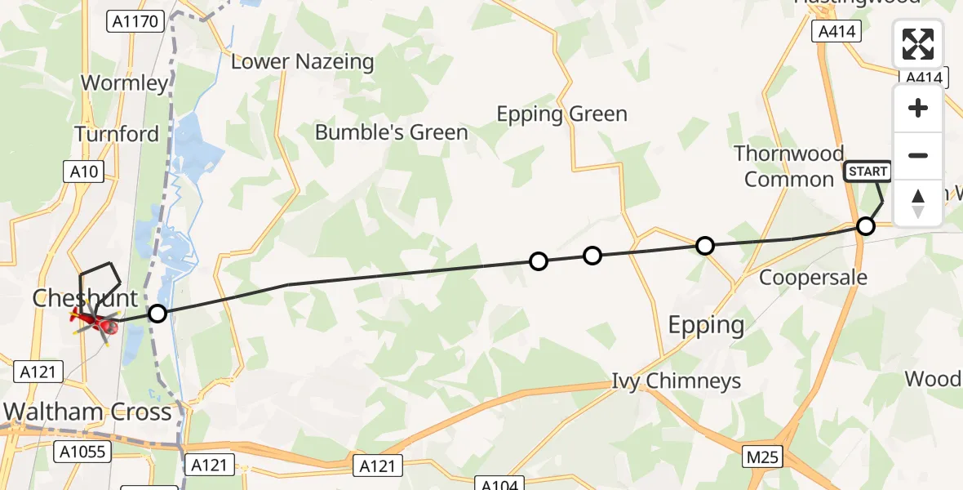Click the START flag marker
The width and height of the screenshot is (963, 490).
[x=868, y=171]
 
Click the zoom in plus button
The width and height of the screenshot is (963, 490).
[x=918, y=109]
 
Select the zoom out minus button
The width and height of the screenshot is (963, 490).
[x=918, y=155]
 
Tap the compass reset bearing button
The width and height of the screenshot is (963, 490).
[x=918, y=203]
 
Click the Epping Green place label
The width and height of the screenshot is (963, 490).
[x=562, y=114]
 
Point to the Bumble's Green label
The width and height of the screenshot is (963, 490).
[x=392, y=132]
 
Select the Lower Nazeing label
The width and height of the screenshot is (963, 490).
[x=303, y=61]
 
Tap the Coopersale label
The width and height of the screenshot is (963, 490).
[x=813, y=278]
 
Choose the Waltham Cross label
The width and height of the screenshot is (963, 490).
[x=88, y=411]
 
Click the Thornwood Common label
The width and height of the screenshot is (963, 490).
[x=788, y=166]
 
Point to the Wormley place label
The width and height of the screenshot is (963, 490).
[x=125, y=82]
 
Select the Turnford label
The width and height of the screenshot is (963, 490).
[x=118, y=134]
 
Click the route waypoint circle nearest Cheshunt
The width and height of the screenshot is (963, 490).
[x=158, y=313]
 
